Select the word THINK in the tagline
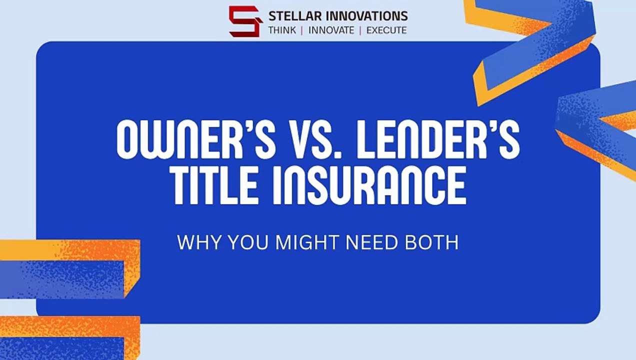point(281,30)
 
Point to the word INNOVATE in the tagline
point(331,30)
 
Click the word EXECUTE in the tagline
point(386,30)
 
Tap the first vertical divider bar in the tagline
point(302,30)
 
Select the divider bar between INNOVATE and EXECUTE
point(360,30)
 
